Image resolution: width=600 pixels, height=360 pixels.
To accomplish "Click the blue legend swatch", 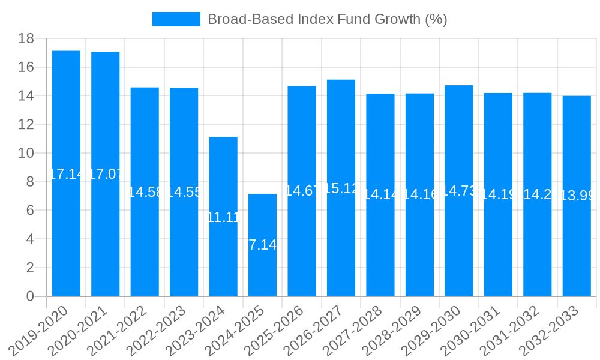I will coord(176,19).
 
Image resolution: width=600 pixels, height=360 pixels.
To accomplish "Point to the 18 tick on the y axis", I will coord(26,39).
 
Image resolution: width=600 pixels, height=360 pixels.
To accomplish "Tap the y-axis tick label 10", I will coord(26,153).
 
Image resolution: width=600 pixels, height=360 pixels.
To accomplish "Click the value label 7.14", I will coord(262,245).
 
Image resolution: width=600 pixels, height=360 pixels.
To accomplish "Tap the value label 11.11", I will coord(223,217).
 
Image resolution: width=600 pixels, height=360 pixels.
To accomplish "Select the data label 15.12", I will coord(341,188).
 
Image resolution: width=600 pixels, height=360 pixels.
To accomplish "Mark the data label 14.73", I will coord(458,191).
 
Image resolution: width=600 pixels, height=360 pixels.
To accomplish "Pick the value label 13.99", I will coord(577,196).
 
